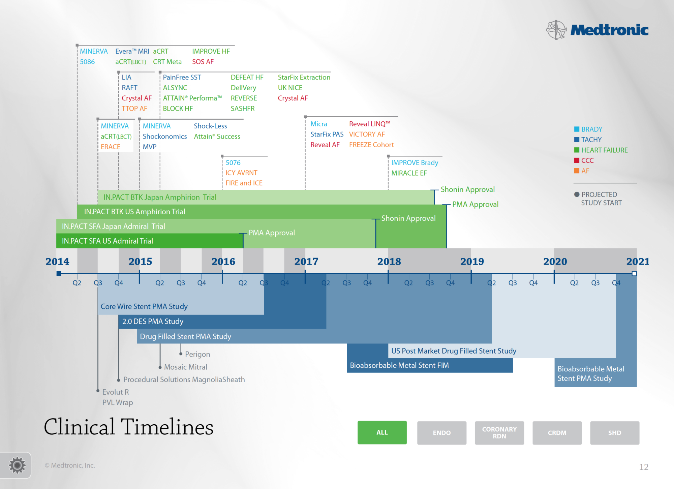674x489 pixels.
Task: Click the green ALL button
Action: click(382, 432)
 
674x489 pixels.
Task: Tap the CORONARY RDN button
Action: click(499, 433)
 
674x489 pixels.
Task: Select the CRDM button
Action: click(557, 433)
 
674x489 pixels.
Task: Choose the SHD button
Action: click(615, 433)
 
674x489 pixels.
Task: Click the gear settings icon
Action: click(17, 465)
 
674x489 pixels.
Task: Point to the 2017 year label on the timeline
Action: click(306, 262)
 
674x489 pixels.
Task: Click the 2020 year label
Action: click(555, 262)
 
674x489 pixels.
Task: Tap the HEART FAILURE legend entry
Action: click(601, 150)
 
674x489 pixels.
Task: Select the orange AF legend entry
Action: click(582, 171)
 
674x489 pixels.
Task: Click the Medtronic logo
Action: click(597, 30)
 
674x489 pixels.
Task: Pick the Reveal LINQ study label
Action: click(370, 124)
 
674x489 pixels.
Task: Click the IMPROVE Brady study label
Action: click(415, 163)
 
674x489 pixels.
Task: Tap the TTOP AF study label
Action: click(134, 109)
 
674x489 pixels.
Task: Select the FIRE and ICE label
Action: click(244, 183)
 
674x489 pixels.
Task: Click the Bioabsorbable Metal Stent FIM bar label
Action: click(399, 365)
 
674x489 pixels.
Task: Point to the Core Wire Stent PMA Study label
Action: click(144, 306)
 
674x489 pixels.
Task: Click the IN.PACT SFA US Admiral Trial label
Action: click(108, 241)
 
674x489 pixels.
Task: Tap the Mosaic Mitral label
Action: click(186, 367)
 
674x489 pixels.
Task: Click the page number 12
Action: click(644, 467)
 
